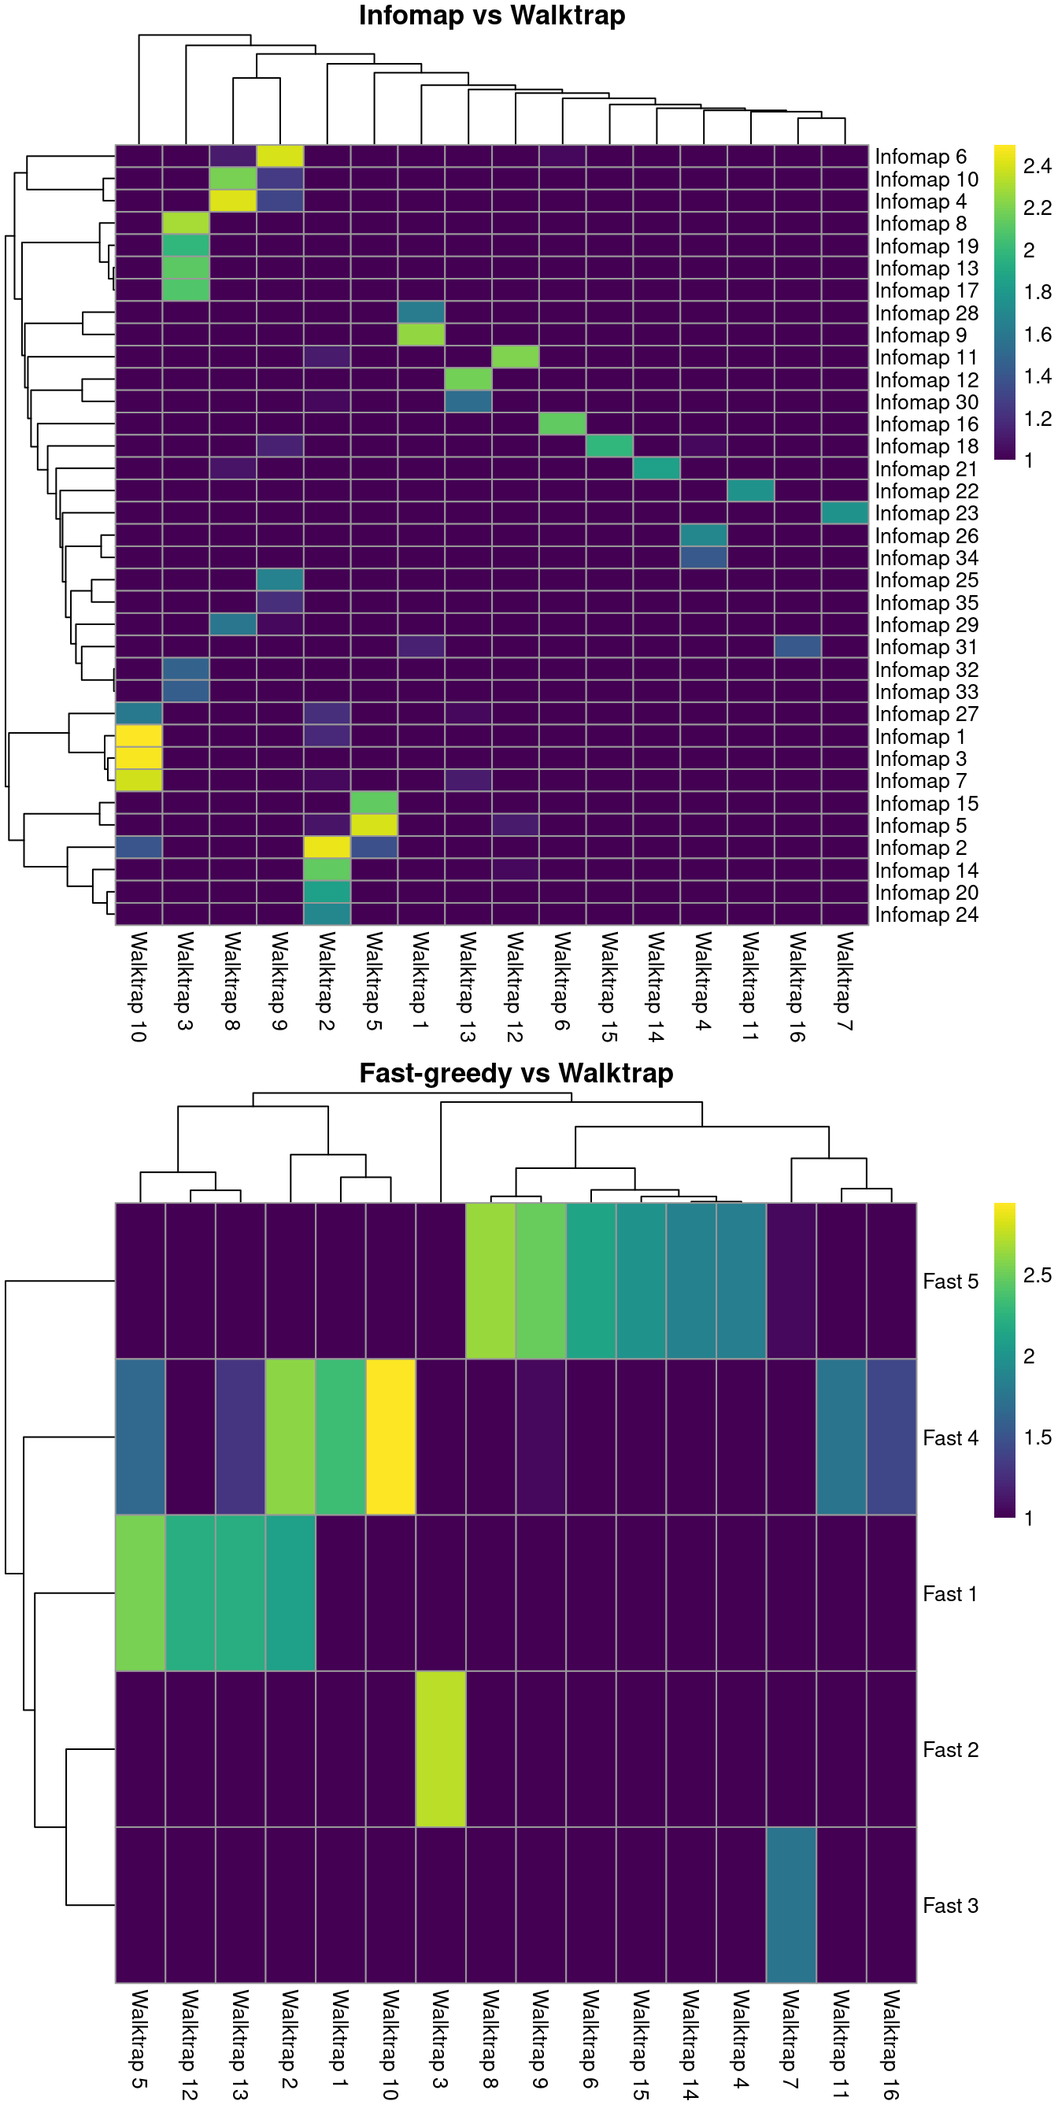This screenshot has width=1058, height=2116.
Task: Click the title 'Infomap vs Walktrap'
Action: pyautogui.click(x=491, y=16)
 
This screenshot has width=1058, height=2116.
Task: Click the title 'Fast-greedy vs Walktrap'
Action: pyautogui.click(x=516, y=1073)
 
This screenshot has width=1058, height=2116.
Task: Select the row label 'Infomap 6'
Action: pyautogui.click(x=920, y=157)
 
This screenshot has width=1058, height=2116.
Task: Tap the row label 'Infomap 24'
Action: pyautogui.click(x=926, y=915)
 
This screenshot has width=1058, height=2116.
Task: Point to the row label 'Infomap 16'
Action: pyautogui.click(x=926, y=424)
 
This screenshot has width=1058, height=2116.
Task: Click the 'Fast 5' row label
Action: pyautogui.click(x=949, y=1282)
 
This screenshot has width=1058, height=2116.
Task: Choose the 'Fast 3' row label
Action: pyautogui.click(x=949, y=1906)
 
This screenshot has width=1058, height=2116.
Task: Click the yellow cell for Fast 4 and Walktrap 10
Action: pyautogui.click(x=390, y=1437)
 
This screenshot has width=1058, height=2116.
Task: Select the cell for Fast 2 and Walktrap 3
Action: pyautogui.click(x=441, y=1750)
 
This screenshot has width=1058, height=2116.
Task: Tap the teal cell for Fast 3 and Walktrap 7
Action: pyautogui.click(x=791, y=1906)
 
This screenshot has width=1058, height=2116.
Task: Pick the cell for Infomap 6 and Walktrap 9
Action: pyautogui.click(x=280, y=156)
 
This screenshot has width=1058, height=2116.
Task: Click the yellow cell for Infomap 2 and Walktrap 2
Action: pyautogui.click(x=327, y=848)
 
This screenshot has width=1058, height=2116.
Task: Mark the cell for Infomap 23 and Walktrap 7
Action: pyautogui.click(x=845, y=513)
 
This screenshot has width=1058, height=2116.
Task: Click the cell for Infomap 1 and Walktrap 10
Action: pyautogui.click(x=139, y=736)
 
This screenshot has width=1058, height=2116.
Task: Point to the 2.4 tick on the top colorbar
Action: pyautogui.click(x=1037, y=167)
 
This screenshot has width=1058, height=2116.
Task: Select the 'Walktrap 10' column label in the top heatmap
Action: pyautogui.click(x=139, y=986)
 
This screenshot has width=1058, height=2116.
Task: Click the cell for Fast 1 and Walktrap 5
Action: pyautogui.click(x=139, y=1593)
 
